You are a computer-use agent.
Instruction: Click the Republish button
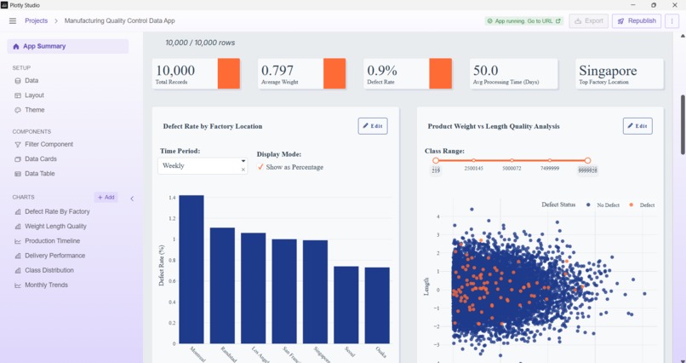click(637, 20)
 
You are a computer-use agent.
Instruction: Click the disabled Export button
click(589, 20)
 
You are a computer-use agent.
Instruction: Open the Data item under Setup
click(31, 81)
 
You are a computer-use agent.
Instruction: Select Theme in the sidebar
click(34, 110)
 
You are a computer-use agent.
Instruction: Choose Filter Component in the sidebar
click(49, 144)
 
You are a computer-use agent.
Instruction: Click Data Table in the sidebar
click(39, 173)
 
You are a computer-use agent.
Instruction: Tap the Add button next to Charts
click(106, 197)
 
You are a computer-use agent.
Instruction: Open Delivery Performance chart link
click(54, 256)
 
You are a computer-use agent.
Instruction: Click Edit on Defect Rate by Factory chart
click(373, 126)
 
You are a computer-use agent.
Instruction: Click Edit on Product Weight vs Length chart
click(637, 126)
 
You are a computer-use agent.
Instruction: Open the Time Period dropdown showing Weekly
click(203, 166)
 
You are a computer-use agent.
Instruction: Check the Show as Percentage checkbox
click(261, 167)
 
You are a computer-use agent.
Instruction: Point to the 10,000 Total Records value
click(175, 71)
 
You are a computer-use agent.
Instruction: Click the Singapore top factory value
click(608, 71)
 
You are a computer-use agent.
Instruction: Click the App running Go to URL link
click(523, 20)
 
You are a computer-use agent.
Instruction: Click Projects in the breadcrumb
click(36, 20)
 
